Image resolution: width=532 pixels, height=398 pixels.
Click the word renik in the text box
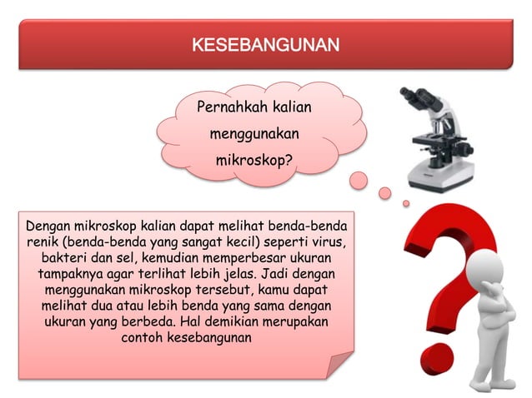[x=41, y=241]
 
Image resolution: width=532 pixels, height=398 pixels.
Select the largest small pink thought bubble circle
[x=359, y=179]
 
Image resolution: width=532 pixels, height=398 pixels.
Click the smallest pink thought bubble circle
[x=406, y=203]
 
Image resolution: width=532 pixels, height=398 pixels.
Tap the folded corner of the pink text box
[x=341, y=366]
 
